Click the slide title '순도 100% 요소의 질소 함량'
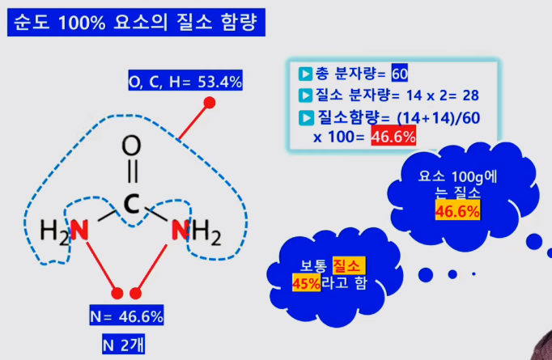coord(136,22)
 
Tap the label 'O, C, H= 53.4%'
coord(185,82)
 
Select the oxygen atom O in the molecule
coord(132,146)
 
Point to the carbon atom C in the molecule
coord(132,203)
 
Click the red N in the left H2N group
coord(79,231)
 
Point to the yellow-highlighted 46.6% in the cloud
coord(457,212)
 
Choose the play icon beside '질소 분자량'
coord(306,95)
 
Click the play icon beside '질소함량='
coord(306,118)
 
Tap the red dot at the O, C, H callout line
coord(210,103)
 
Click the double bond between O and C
coord(132,175)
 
